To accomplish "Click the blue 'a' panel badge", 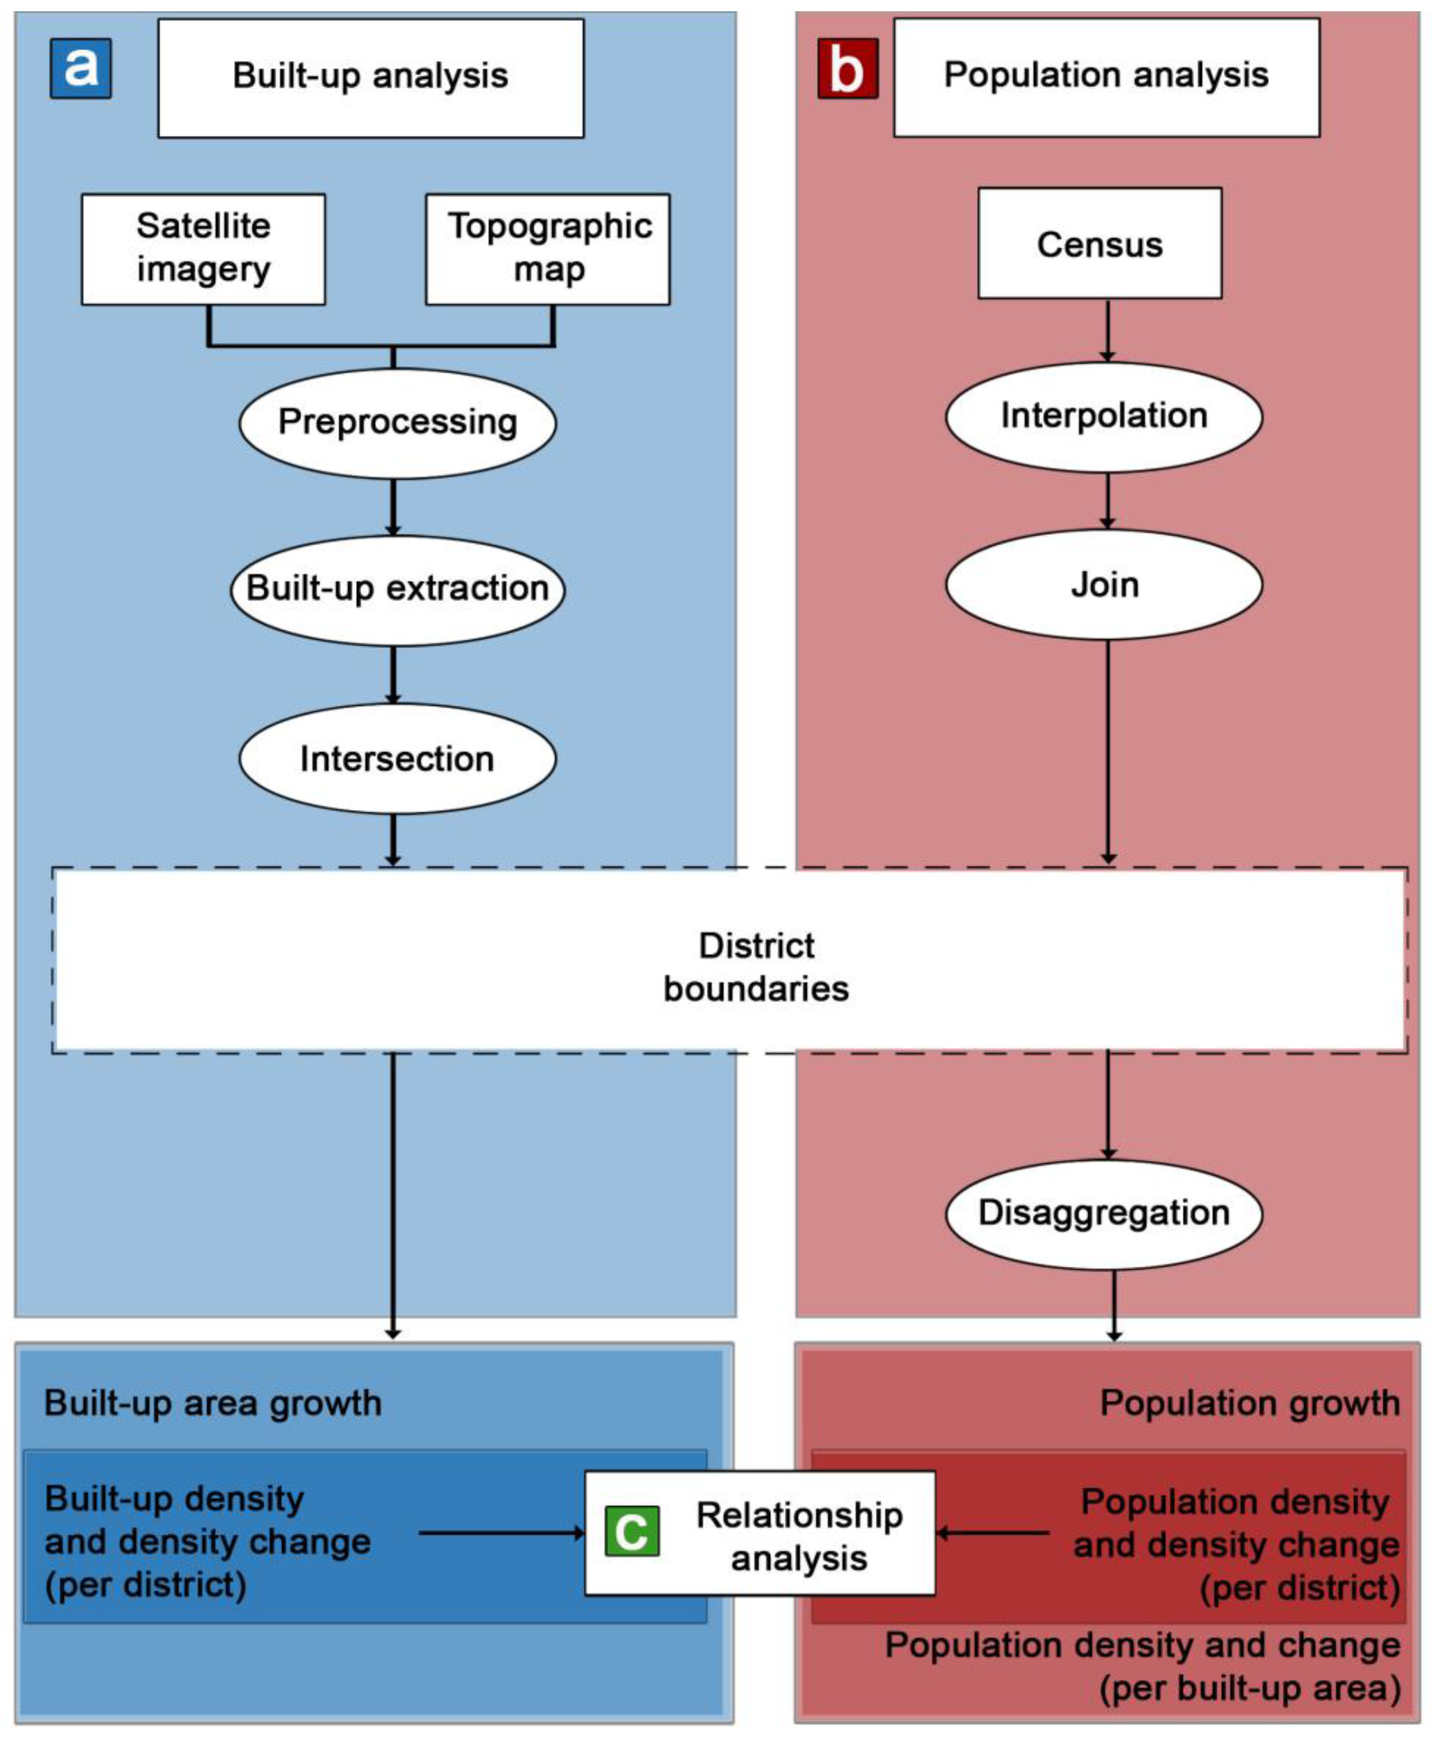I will click(80, 68).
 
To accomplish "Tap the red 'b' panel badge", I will click(847, 68).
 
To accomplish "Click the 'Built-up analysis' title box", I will click(370, 77).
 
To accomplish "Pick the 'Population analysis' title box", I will click(1106, 76).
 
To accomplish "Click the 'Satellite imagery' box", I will click(203, 248).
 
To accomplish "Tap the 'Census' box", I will click(1099, 244).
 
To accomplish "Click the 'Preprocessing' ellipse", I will click(397, 423).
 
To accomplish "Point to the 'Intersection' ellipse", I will click(397, 758).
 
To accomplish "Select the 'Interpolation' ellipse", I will click(1104, 416).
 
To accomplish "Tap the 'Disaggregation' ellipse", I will click(1104, 1213).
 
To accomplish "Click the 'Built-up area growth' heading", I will click(213, 1404).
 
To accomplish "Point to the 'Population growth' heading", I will click(1249, 1404).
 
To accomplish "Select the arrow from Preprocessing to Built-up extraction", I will click(394, 507).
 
